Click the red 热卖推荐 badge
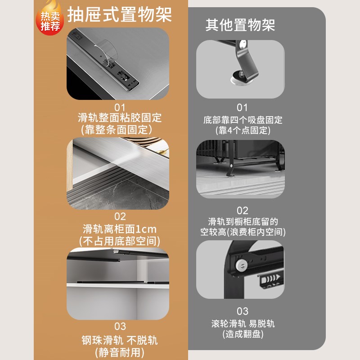tap(50, 20)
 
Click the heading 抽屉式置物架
tap(120, 14)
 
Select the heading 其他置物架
tap(240, 25)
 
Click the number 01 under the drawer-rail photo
tap(120, 108)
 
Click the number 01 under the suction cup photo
tap(243, 108)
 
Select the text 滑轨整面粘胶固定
tap(120, 118)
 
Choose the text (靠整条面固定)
tap(120, 129)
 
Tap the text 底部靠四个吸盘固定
tap(243, 120)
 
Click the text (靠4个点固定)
tap(243, 131)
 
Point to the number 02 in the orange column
tap(120, 216)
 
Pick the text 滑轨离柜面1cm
tap(120, 229)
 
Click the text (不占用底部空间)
tap(120, 240)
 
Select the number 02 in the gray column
tap(243, 210)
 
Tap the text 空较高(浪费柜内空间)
tap(243, 233)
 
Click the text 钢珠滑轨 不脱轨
tap(120, 339)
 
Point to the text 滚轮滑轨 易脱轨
tap(243, 324)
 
